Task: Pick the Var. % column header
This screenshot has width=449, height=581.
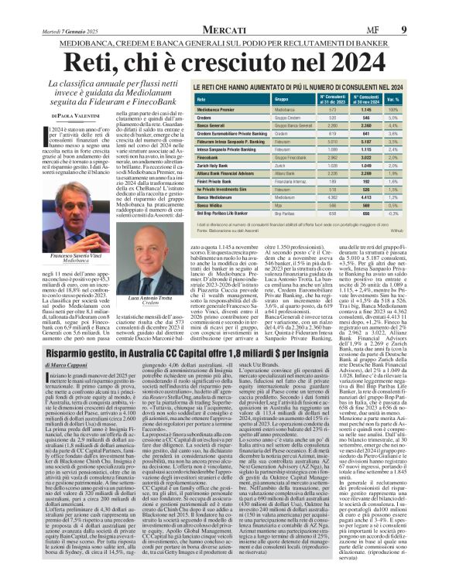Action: click(415, 121)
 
